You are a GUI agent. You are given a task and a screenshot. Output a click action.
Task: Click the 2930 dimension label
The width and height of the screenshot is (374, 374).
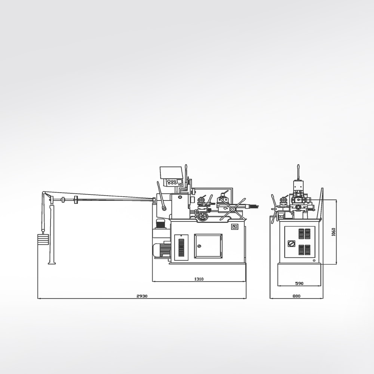click(x=142, y=296)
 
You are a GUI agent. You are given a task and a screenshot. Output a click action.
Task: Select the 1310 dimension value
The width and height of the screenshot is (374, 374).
click(x=199, y=279)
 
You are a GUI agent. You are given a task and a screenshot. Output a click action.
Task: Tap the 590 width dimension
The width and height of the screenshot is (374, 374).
click(x=299, y=283)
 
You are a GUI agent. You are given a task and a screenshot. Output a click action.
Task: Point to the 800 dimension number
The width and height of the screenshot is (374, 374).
click(x=297, y=296)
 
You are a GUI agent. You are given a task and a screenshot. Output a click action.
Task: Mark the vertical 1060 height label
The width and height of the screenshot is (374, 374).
click(x=334, y=232)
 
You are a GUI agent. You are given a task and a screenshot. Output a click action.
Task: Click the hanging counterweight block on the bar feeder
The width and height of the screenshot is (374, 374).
click(x=43, y=239)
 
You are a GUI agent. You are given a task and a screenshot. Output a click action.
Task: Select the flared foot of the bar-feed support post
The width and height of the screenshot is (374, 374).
click(x=52, y=263)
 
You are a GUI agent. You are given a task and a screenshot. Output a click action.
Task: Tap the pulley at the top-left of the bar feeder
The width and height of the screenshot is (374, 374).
click(x=44, y=193)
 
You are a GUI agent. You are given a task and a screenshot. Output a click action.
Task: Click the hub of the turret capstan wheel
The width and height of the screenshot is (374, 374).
click(x=232, y=209)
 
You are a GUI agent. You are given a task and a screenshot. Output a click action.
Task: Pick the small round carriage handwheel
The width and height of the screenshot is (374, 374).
click(x=202, y=216)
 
